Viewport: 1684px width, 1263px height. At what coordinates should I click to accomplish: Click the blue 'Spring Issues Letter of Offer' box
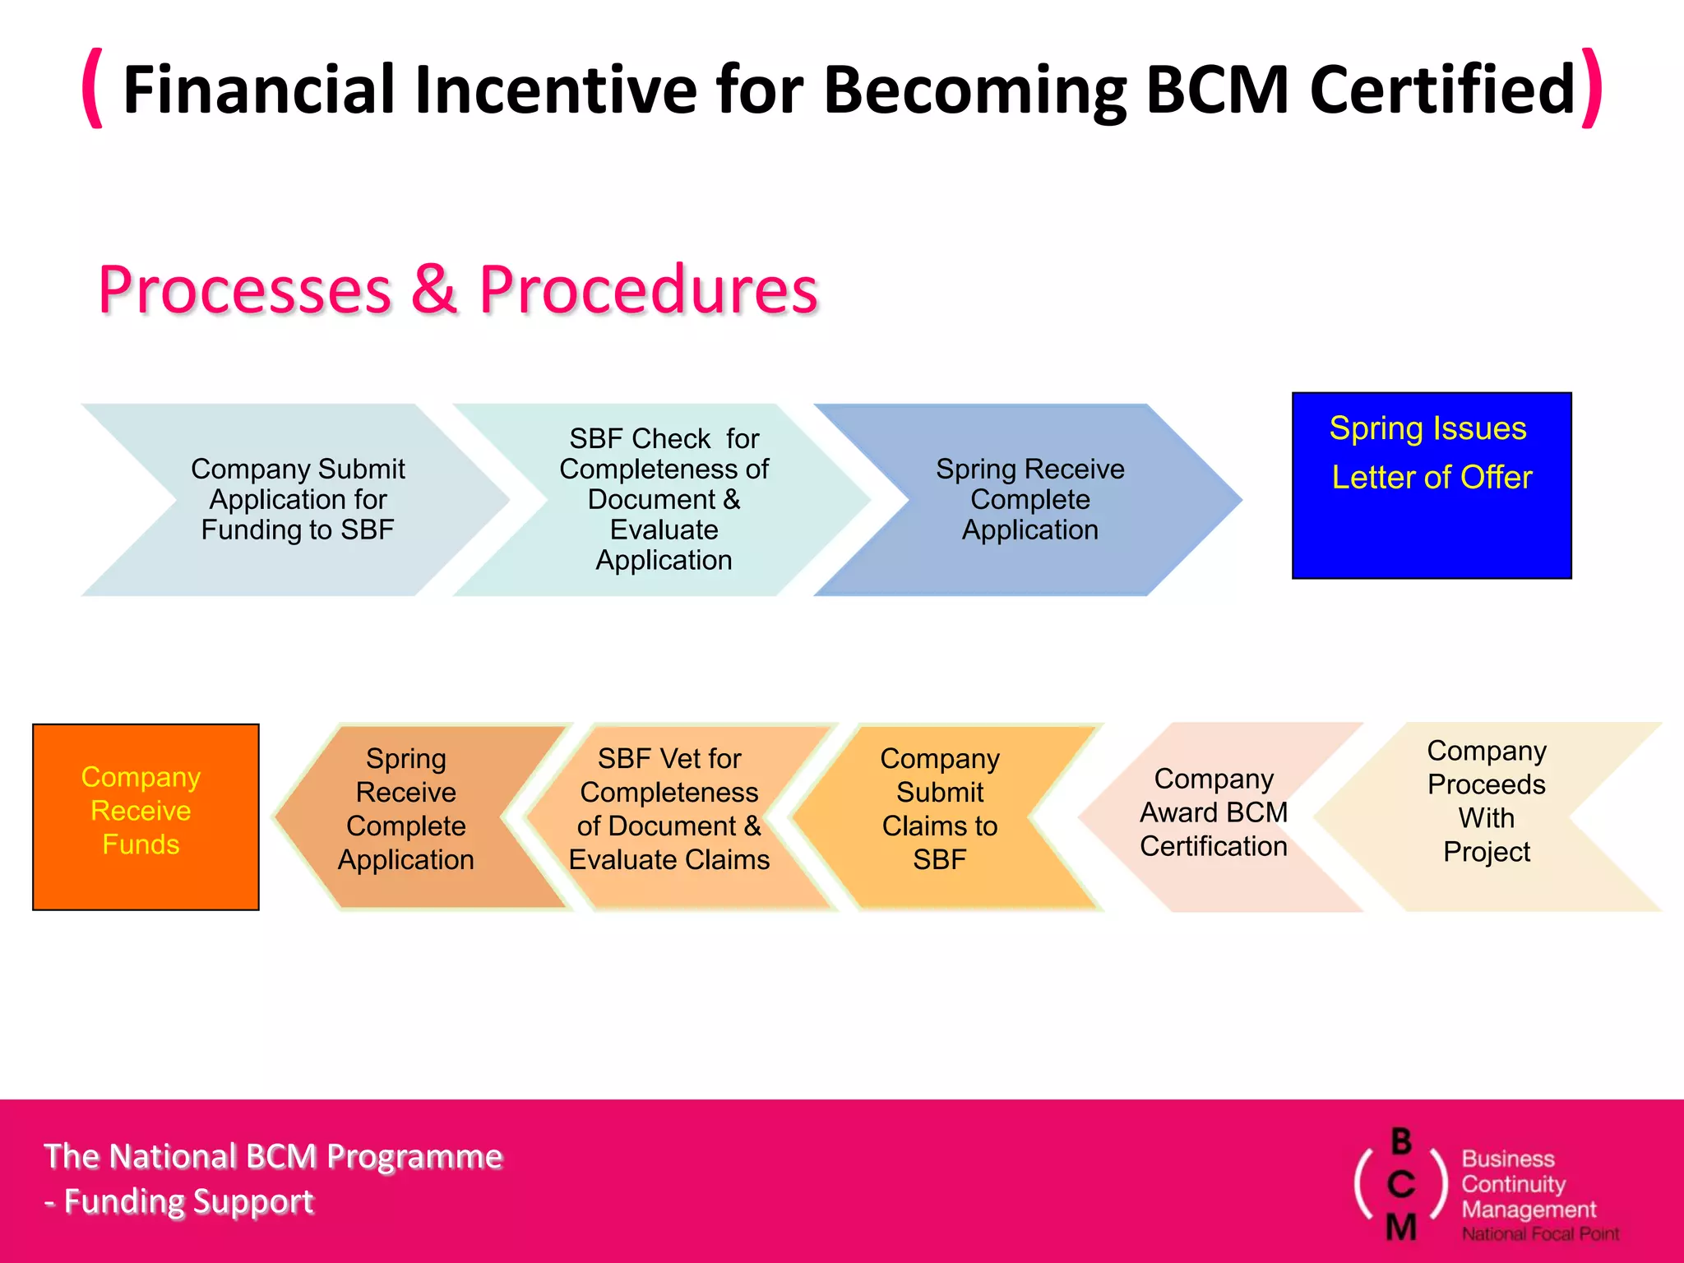(x=1431, y=486)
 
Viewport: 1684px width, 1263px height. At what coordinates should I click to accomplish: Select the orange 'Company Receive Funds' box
(x=146, y=817)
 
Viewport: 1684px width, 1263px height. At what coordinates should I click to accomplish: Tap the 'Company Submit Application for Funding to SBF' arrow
(x=298, y=499)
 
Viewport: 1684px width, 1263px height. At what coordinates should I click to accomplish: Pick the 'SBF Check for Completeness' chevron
(x=664, y=499)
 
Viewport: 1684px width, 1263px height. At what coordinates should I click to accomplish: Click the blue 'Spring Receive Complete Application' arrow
(x=1029, y=499)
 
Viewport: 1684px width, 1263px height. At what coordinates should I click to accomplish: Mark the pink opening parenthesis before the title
(x=93, y=87)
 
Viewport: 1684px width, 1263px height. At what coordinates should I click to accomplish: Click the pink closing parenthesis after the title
(x=1592, y=87)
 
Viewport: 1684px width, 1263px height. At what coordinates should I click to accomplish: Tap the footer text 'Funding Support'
(x=189, y=1201)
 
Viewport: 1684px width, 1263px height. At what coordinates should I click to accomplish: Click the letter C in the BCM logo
(x=1401, y=1185)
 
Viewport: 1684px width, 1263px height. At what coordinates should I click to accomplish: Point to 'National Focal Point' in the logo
(x=1539, y=1233)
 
